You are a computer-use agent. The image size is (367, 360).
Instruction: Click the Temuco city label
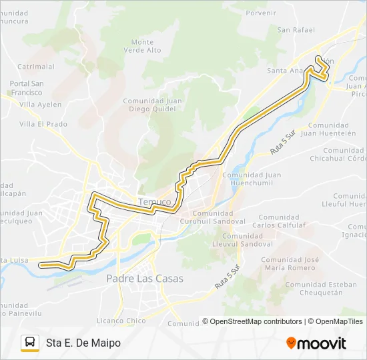[x=155, y=201]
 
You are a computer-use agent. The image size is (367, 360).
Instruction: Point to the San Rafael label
[x=296, y=29]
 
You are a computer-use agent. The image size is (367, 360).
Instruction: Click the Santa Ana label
[x=285, y=70]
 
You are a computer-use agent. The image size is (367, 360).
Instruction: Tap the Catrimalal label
[x=36, y=67]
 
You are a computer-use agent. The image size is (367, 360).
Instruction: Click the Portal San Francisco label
[x=27, y=88]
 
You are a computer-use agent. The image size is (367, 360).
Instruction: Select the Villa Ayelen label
[x=40, y=105]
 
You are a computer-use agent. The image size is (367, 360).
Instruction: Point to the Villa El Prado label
[x=43, y=124]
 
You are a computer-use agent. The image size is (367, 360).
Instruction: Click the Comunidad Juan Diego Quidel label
[x=153, y=105]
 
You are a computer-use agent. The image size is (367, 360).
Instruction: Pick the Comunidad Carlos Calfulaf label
[x=279, y=221]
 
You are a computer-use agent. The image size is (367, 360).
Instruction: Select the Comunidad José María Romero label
[x=288, y=263]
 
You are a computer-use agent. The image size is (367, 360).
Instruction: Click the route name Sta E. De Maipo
[x=83, y=343]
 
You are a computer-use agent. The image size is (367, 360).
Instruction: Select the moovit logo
[x=316, y=343]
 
